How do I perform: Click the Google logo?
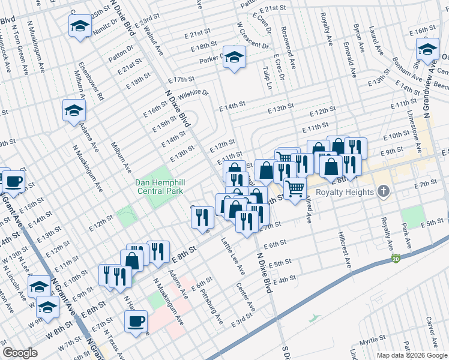tap(20, 353)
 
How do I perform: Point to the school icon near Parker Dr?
tap(235, 57)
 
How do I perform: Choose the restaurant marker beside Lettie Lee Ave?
tap(203, 217)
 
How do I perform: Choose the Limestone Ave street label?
tap(412, 124)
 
